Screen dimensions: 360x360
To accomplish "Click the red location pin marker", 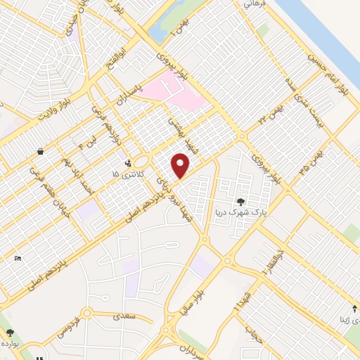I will (181, 165).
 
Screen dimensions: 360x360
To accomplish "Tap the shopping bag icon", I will (41, 151).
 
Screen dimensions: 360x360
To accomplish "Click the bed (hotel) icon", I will (18, 259).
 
